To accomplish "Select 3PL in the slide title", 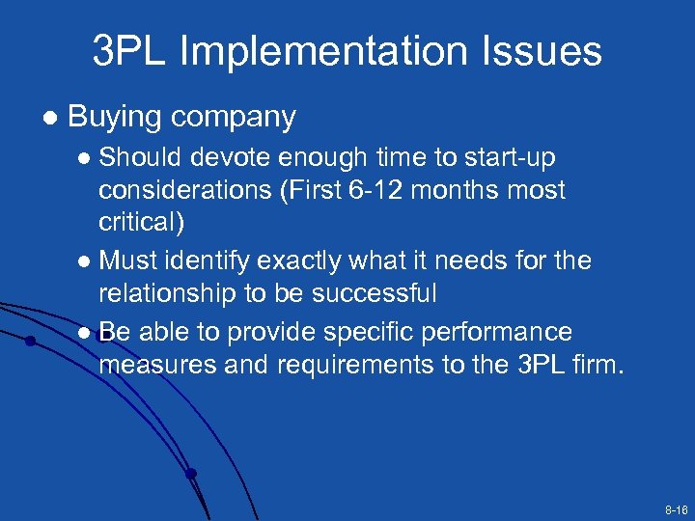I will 130,51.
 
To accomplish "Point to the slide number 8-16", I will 675,507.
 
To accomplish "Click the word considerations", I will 183,190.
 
